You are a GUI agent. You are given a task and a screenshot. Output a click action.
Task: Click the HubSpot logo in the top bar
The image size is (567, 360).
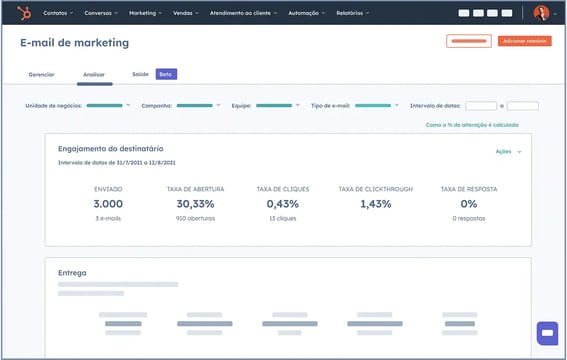(23, 13)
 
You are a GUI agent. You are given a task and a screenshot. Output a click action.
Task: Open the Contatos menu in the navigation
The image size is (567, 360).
(58, 14)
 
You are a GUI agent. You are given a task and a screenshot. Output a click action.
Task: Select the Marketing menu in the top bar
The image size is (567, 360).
(145, 14)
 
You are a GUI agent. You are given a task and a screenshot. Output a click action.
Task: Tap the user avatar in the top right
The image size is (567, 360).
(541, 13)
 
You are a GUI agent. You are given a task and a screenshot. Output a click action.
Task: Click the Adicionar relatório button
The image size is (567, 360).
(524, 41)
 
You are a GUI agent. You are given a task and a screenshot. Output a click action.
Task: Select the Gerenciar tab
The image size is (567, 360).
(41, 75)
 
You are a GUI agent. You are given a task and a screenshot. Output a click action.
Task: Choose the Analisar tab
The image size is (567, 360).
(95, 75)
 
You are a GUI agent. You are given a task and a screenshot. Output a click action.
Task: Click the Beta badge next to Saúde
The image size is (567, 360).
(165, 75)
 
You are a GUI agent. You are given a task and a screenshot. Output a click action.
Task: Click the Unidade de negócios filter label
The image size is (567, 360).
(54, 105)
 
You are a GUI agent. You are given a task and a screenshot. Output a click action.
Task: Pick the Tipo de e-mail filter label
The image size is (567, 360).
(331, 105)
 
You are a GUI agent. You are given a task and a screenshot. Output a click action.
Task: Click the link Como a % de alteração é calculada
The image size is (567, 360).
(471, 125)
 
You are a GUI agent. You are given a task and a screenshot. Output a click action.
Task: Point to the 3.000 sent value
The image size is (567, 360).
(108, 203)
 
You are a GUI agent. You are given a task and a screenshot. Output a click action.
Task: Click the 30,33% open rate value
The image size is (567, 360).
(195, 203)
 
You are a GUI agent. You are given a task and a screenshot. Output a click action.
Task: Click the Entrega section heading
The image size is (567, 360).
(72, 271)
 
